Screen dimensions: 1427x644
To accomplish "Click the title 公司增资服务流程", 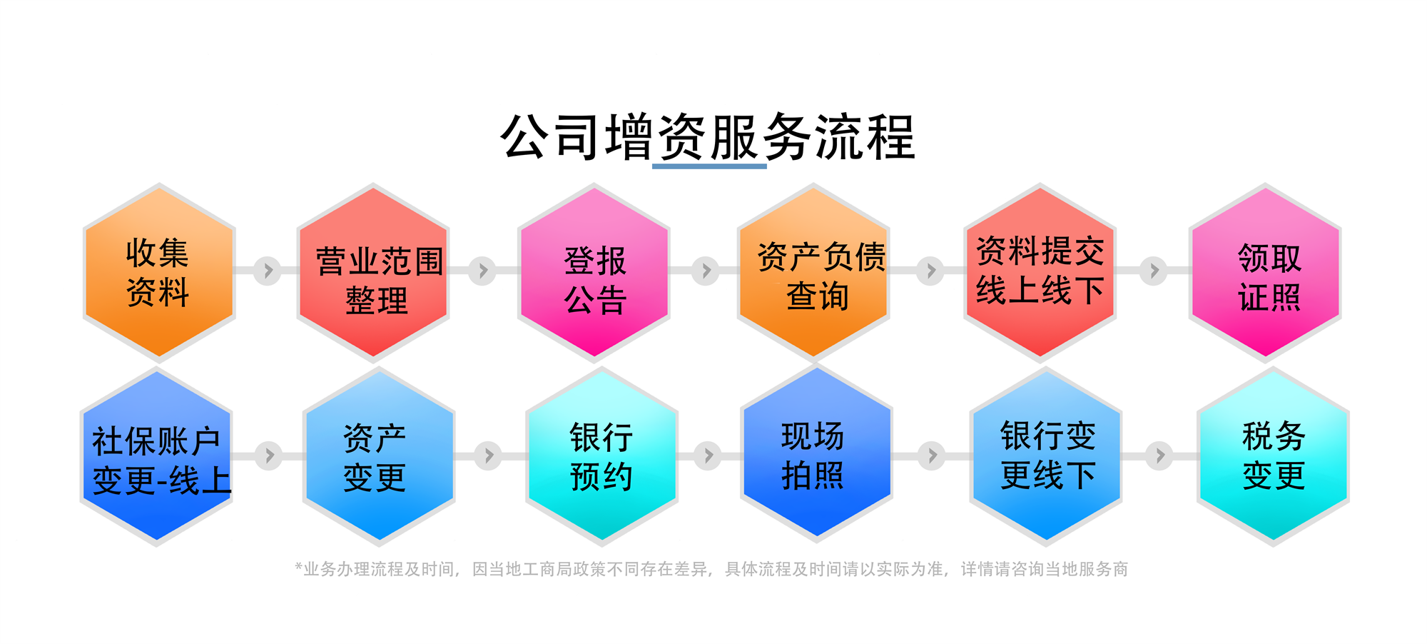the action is (708, 136).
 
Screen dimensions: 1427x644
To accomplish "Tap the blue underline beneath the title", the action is (709, 166).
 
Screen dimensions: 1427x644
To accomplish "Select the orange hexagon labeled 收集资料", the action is (159, 272).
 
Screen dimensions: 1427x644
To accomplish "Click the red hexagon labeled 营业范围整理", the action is (373, 272).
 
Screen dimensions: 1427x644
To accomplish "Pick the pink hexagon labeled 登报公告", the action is (594, 272).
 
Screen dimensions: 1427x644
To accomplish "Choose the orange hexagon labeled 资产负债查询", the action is (813, 272).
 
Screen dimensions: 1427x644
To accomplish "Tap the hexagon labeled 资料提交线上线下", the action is (1040, 272).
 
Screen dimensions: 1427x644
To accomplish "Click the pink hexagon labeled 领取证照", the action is (1265, 272).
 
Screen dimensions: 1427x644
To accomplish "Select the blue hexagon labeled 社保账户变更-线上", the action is (156, 456).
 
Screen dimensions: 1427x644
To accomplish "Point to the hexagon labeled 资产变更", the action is (379, 456).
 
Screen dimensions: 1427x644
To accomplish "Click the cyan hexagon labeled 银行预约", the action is (601, 456).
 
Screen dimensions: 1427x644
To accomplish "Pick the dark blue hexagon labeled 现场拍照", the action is (816, 453).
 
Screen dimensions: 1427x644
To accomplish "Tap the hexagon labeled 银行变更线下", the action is (1046, 456).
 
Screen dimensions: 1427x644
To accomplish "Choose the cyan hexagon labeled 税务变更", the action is (1273, 456).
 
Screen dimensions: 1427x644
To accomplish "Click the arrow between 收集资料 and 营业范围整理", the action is (268, 271).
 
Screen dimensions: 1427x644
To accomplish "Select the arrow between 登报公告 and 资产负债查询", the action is (706, 271).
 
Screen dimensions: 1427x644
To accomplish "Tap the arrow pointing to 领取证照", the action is (1153, 271).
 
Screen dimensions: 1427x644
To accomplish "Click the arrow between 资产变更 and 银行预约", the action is (489, 455).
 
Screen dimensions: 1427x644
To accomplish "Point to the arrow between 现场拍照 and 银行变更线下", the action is (932, 455).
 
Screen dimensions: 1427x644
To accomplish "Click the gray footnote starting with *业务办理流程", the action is (711, 569).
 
